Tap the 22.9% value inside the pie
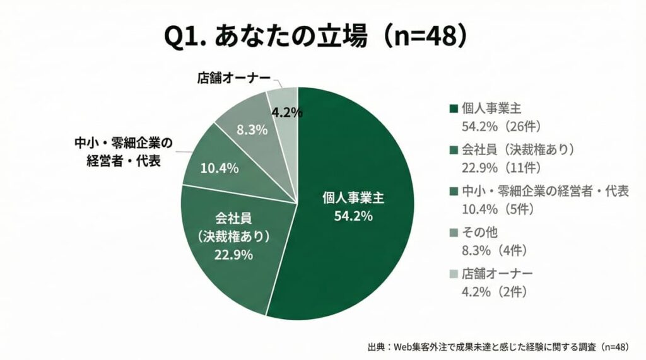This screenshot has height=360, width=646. coord(233,255)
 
